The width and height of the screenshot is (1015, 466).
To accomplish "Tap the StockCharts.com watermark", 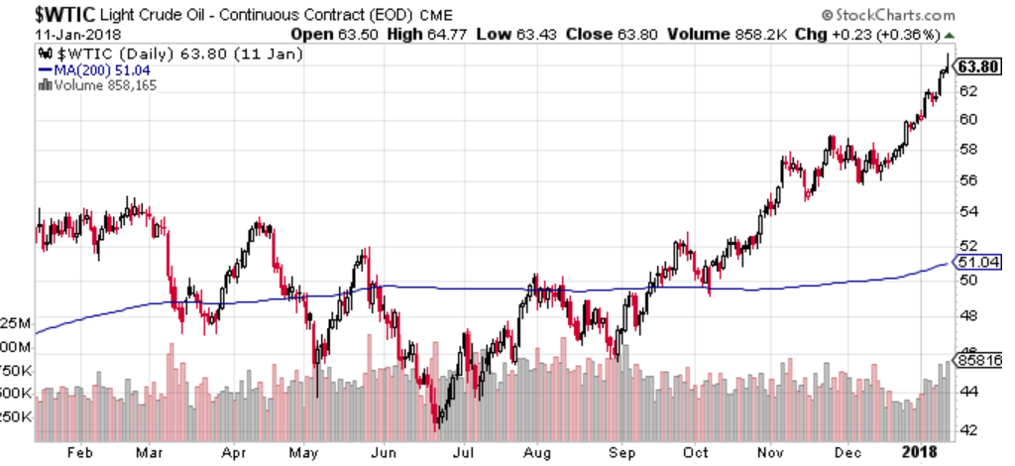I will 889,15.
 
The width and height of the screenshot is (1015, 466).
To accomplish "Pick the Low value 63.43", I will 539,34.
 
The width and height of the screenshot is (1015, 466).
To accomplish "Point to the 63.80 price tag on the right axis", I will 976,66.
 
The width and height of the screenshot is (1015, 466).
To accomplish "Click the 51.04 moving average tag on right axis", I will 975,263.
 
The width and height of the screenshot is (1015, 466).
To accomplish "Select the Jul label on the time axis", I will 461,452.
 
